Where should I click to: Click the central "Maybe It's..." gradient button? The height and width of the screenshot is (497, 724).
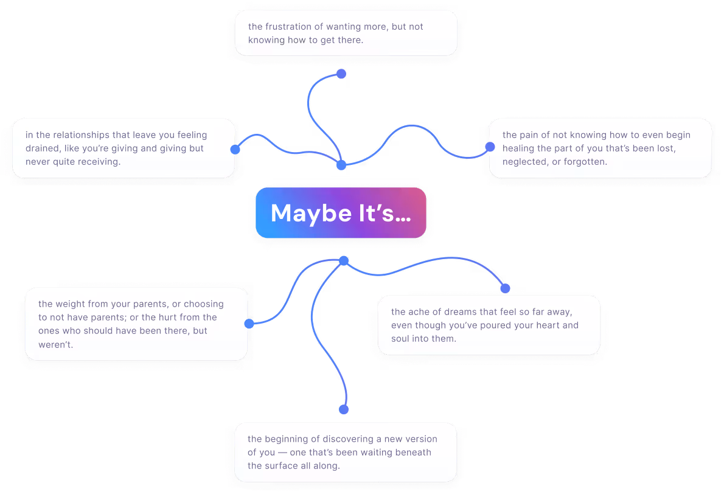tap(341, 212)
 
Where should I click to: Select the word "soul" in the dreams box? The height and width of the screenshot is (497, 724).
tap(401, 339)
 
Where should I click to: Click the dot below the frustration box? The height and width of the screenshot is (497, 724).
tap(341, 74)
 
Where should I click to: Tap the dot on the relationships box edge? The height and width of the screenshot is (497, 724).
tap(235, 149)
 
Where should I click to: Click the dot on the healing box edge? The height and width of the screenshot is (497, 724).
tap(490, 147)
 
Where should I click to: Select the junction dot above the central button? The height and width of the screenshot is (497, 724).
tap(341, 165)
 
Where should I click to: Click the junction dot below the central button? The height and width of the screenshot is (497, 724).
tap(344, 261)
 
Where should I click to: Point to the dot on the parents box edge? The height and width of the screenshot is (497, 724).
tap(249, 324)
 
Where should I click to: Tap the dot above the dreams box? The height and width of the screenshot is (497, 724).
tap(505, 288)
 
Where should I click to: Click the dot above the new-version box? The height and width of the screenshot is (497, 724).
tap(344, 409)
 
